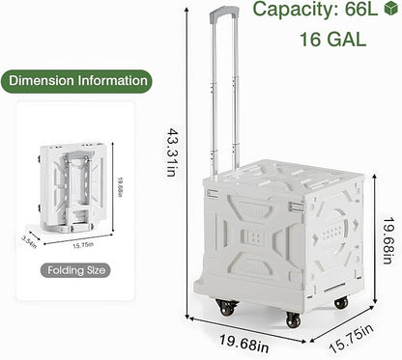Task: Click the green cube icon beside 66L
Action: [x=391, y=8]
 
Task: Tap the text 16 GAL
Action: [x=333, y=40]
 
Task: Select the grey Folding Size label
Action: [x=75, y=270]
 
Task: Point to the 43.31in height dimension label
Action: [x=171, y=152]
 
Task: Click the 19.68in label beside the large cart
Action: [x=388, y=240]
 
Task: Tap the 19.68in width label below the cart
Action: [x=244, y=343]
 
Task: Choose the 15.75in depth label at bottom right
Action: [x=352, y=338]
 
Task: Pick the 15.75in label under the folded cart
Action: [x=83, y=245]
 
